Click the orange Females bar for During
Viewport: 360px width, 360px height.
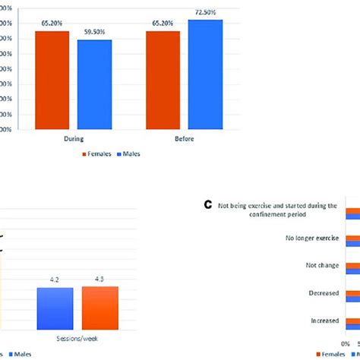click(x=52, y=80)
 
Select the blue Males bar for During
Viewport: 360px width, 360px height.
click(x=94, y=84)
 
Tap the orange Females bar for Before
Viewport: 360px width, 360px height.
click(x=163, y=80)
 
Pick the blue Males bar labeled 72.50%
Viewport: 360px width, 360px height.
click(x=205, y=74)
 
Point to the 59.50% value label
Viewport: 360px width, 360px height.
click(x=93, y=33)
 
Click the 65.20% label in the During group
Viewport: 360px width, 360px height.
click(x=52, y=24)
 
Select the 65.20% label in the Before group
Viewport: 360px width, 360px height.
click(x=163, y=24)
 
